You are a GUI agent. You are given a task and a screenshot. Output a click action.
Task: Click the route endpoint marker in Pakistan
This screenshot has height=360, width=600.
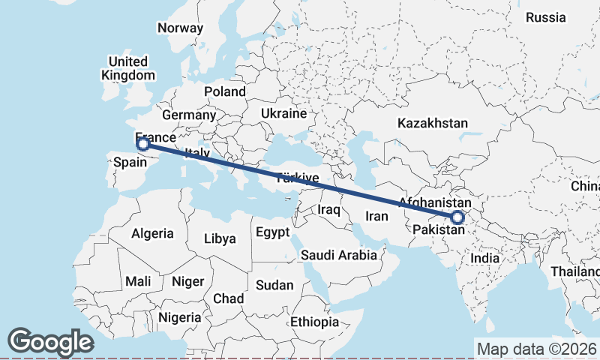coord(457,218)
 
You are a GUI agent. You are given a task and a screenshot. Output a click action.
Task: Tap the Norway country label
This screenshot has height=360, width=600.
coord(180,28)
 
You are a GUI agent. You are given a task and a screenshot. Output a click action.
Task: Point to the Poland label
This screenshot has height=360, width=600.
coord(224,91)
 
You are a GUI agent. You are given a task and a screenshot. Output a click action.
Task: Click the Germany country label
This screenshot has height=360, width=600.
coord(188,115)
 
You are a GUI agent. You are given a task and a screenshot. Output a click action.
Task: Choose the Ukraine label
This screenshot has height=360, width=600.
coord(283,113)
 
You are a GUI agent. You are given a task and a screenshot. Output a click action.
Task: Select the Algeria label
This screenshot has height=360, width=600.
coord(152,234)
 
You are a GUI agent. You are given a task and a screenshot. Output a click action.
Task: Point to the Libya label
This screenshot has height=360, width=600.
coord(220,239)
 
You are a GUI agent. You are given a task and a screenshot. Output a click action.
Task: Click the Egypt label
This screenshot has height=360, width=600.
coord(272,232)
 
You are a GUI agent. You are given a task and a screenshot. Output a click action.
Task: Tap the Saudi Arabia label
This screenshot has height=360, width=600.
coord(339,255)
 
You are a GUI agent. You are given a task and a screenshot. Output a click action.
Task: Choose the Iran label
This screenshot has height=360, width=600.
coord(376,216)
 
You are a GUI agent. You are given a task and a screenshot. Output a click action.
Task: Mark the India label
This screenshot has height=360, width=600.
coord(484,258)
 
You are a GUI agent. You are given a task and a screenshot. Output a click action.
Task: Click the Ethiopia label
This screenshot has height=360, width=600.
coord(315,322)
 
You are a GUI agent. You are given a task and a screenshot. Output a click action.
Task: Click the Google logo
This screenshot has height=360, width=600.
coord(50,342)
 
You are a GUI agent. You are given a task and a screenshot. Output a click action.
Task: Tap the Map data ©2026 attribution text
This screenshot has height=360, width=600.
coord(537,349)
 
